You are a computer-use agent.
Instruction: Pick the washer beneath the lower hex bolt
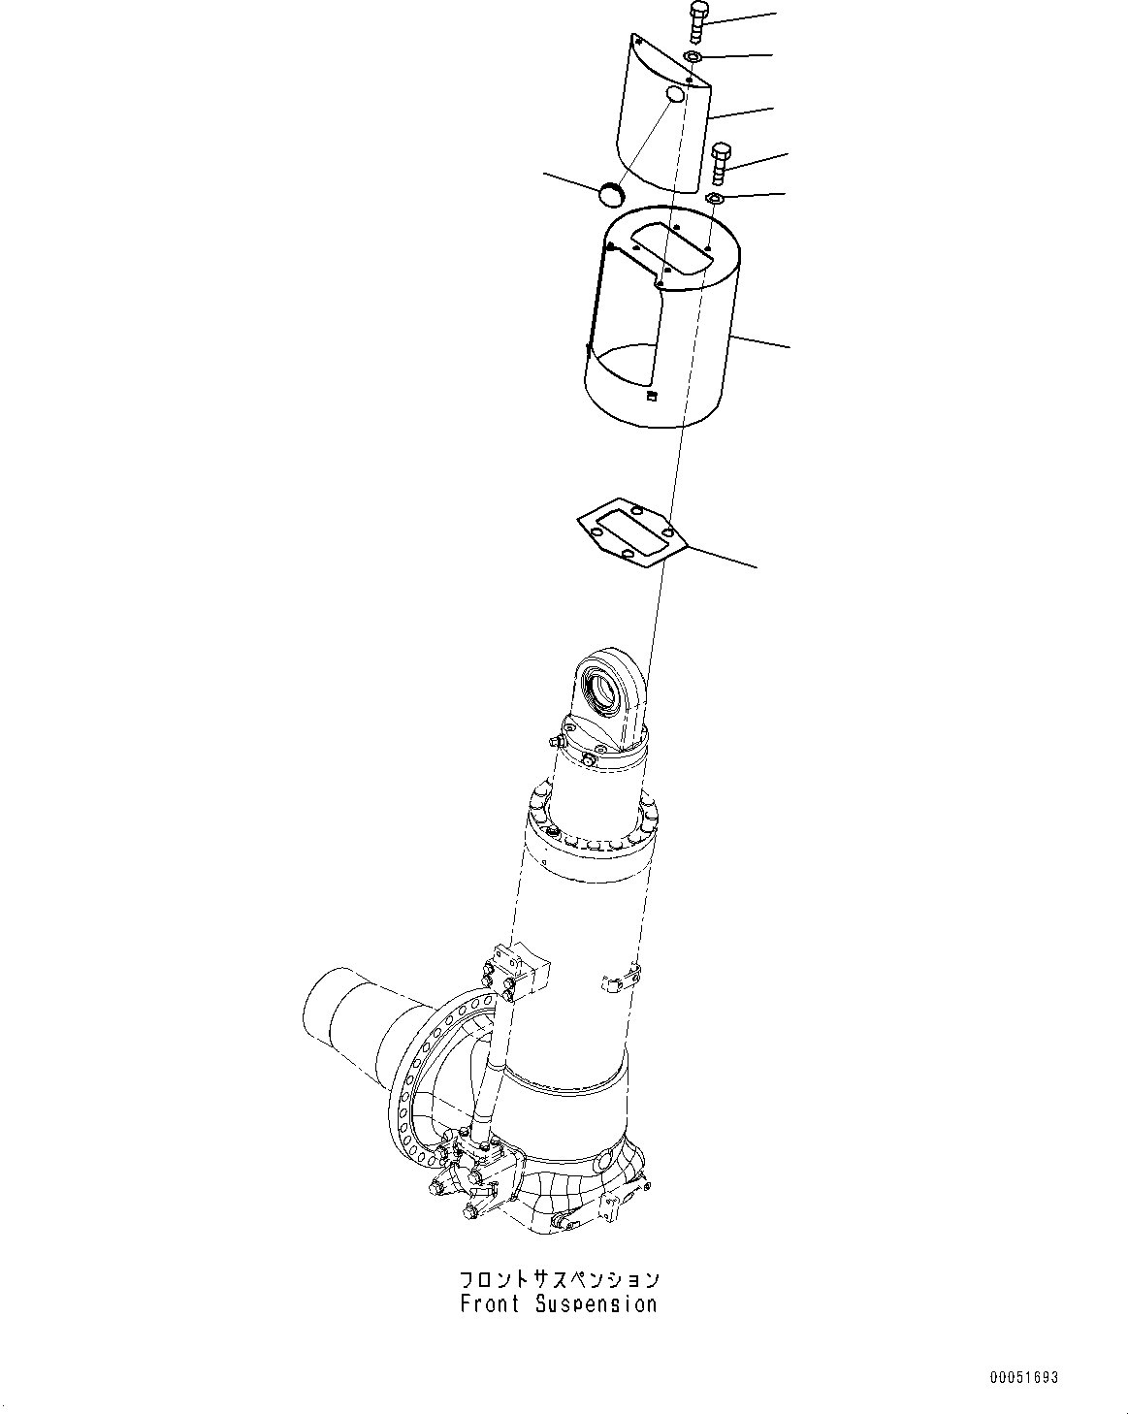tap(715, 200)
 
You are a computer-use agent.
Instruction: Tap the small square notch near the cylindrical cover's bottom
tap(652, 395)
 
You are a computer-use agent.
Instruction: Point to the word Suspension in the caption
tap(596, 1304)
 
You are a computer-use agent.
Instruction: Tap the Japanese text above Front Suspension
tap(560, 1279)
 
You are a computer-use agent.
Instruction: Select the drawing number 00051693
tap(1024, 1377)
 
